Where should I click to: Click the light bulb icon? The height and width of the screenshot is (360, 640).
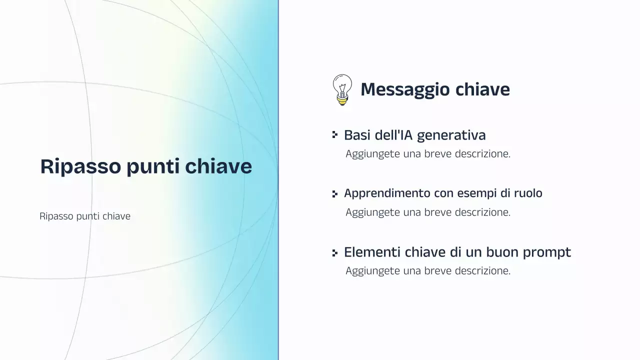[x=342, y=89]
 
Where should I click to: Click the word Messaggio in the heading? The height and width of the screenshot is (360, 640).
[x=398, y=89]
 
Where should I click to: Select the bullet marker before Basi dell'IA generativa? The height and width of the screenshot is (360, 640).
[x=335, y=134]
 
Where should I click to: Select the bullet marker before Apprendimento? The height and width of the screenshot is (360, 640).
[x=335, y=193]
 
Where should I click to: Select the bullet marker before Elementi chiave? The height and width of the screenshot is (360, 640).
[x=335, y=252]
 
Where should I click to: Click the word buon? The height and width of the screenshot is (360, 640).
[x=502, y=252]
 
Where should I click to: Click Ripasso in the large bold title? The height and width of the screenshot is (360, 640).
[x=80, y=166]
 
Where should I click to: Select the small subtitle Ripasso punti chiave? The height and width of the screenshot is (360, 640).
[x=85, y=216]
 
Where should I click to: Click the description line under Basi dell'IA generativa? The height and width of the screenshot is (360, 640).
[x=428, y=154]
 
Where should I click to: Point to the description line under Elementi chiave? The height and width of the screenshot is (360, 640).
[x=428, y=271]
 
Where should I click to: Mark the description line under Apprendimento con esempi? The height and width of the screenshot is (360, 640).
[x=428, y=212]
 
